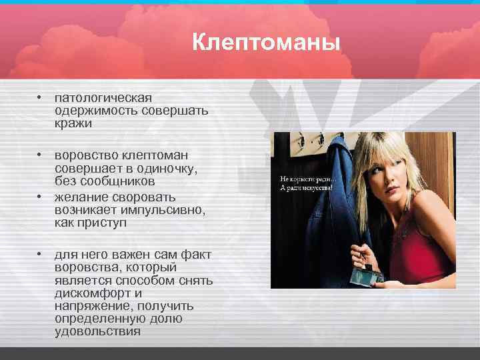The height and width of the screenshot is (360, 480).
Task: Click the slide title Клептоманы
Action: click(x=266, y=43)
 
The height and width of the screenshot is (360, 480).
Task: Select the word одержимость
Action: click(x=96, y=111)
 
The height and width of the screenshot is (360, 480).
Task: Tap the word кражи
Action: click(x=73, y=123)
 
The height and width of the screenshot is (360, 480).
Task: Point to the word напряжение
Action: click(x=91, y=305)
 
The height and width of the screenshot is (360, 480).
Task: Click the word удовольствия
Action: click(x=97, y=331)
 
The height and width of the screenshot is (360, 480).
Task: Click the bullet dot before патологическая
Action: click(x=40, y=97)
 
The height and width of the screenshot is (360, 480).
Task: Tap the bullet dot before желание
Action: click(x=40, y=196)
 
